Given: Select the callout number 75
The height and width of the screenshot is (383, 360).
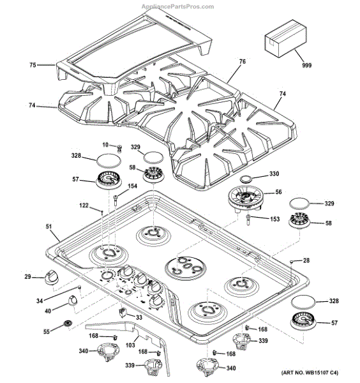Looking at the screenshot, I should [33, 64].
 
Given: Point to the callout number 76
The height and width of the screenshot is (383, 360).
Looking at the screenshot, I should [243, 62].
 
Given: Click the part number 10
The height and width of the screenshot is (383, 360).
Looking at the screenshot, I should [105, 146].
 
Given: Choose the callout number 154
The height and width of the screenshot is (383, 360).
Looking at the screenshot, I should [132, 186].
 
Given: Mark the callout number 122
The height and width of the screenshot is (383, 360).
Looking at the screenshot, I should [84, 205].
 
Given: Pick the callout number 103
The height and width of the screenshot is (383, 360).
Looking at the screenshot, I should [130, 345].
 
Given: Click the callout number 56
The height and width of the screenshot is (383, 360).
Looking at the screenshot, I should [278, 191].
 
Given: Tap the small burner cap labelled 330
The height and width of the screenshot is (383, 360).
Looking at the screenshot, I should [248, 180].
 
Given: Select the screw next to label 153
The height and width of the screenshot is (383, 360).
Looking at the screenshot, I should [247, 220].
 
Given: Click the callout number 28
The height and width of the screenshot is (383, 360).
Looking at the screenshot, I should [306, 260].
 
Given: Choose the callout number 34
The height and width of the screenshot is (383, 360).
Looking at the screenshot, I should [38, 300].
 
